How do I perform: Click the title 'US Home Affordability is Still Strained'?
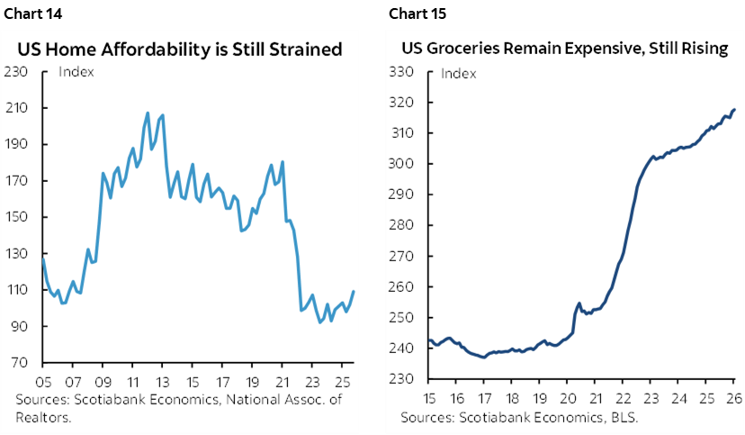coord(184,49)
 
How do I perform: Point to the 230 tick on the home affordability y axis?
coord(19,71)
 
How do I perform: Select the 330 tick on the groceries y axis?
coord(399,72)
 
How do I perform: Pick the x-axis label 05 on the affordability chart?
coord(43,380)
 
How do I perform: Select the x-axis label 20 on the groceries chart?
coord(568,396)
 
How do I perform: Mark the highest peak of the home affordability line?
coord(148,113)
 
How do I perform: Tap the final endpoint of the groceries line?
coord(735,110)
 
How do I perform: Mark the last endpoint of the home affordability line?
coord(354,291)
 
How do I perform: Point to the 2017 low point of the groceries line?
coord(483,357)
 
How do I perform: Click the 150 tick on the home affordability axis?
coord(19,217)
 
